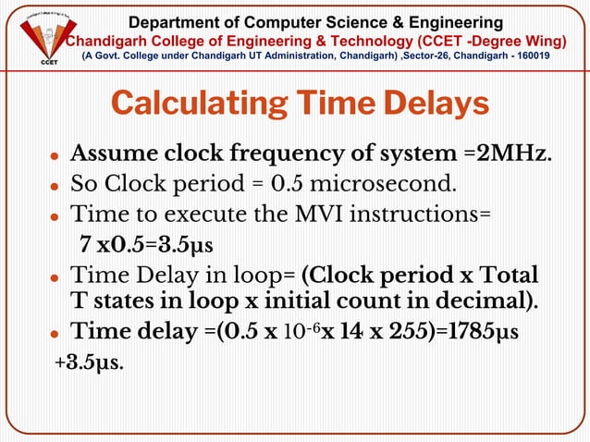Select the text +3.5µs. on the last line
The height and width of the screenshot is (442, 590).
point(90,362)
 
